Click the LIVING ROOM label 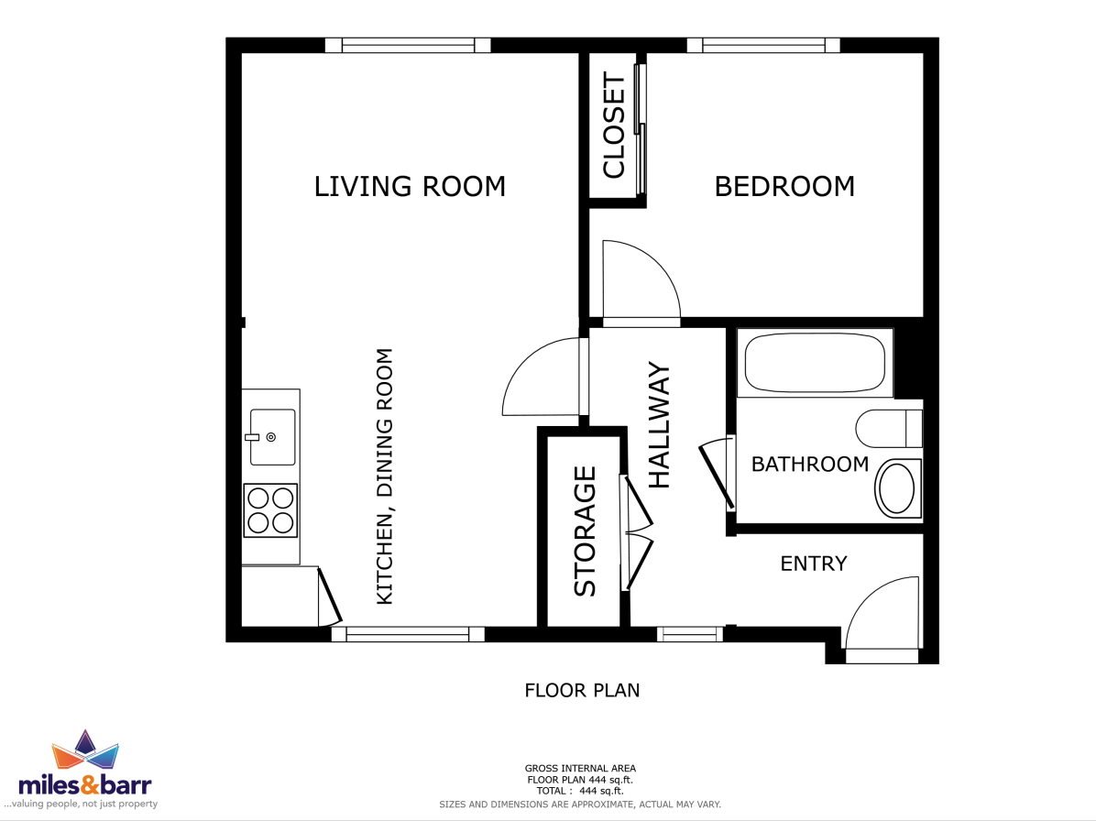coord(410,187)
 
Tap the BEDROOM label coord(784,187)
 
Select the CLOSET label coord(613,125)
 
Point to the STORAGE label coord(585,531)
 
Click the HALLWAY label coord(659,425)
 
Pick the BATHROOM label coord(810,464)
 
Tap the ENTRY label coord(814,564)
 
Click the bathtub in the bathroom coord(815,363)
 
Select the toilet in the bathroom coord(889,428)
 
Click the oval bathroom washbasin coord(897,488)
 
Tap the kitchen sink coord(272,437)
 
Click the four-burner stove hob coord(270,510)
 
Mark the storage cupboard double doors coord(636,532)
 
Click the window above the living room coord(408,46)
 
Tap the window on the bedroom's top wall coord(763,46)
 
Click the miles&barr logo coord(84,770)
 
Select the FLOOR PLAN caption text coord(582,690)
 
